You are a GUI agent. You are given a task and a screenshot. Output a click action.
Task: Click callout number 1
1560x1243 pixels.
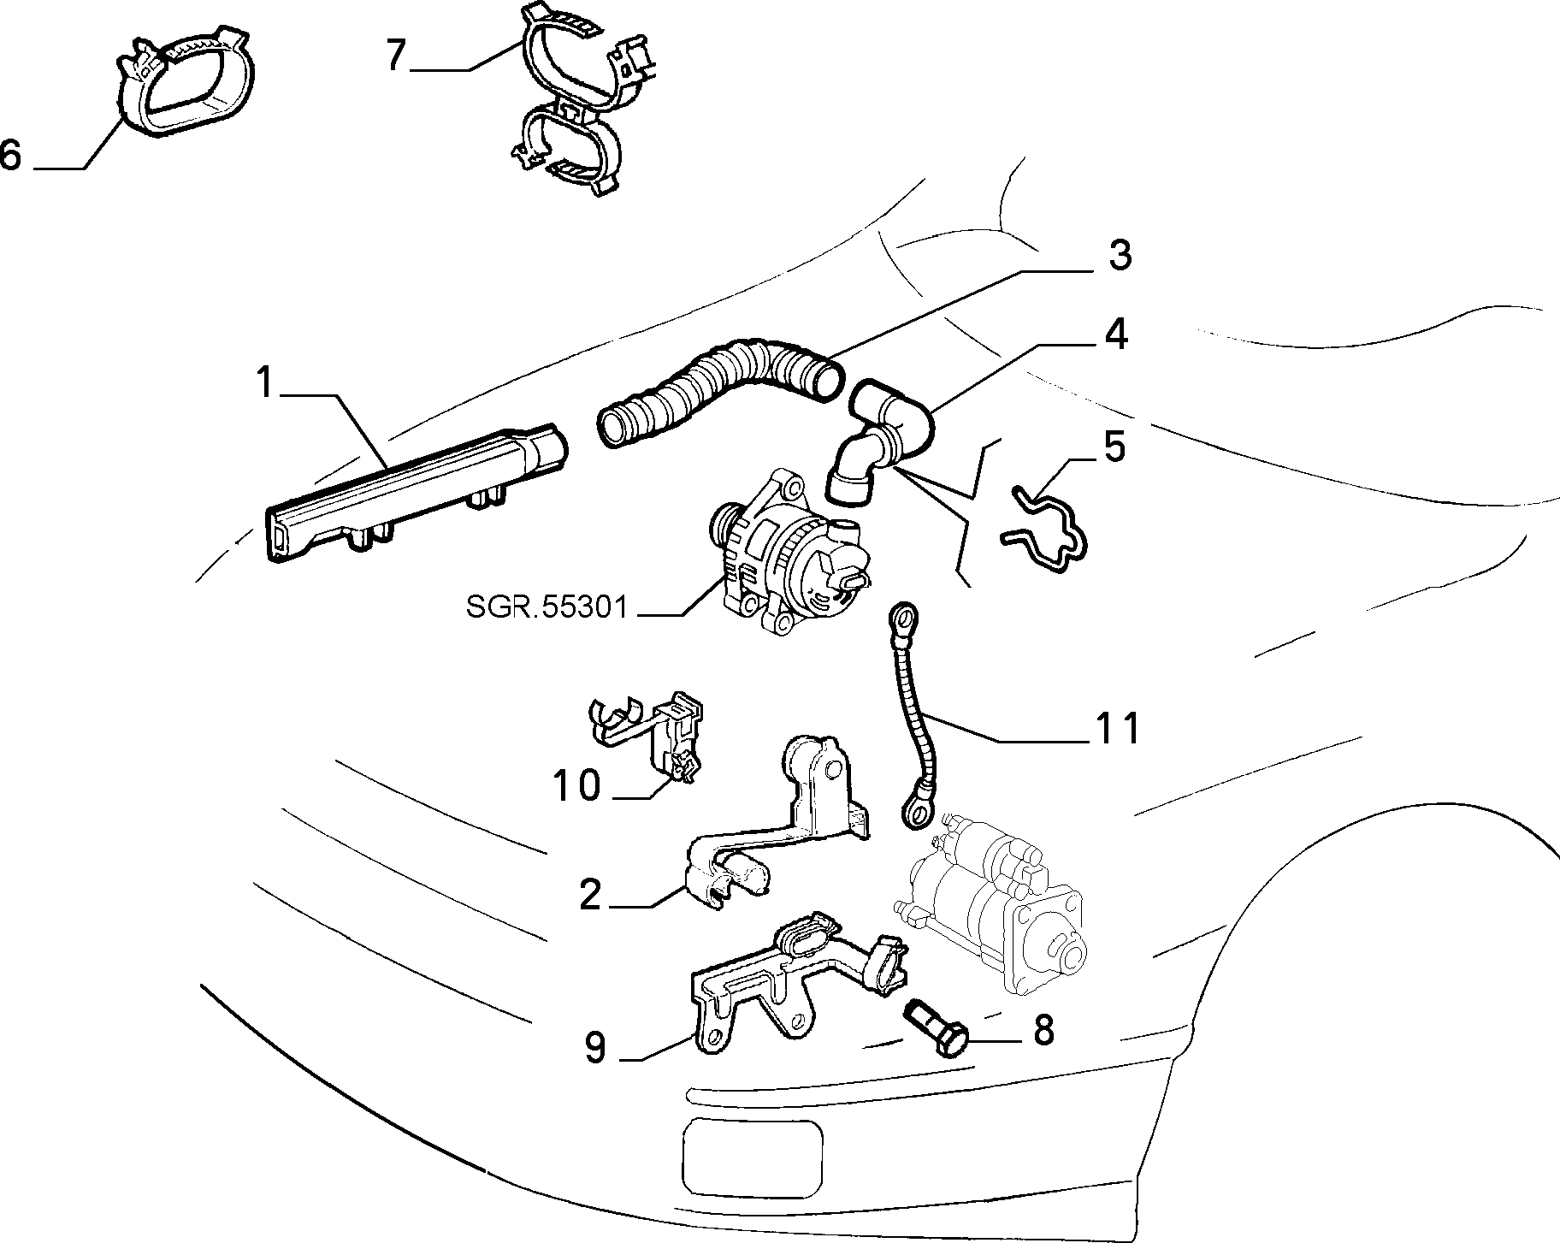point(266,384)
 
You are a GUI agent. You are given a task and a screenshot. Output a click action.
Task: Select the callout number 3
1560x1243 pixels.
point(1117,255)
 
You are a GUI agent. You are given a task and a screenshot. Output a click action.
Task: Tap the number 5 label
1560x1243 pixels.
point(1114,447)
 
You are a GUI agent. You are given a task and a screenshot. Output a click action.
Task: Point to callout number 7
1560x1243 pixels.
point(394,56)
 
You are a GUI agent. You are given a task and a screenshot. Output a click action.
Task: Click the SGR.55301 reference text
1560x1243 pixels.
point(547,607)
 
